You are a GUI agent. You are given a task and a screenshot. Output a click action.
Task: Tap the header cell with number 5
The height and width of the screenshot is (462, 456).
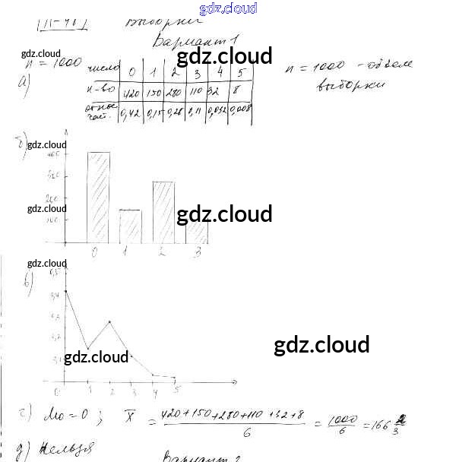pos(241,73)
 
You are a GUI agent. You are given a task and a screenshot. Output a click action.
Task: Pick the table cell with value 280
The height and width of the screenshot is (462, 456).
pos(174,94)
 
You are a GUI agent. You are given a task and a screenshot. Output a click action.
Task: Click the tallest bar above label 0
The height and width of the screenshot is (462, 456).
pos(98,198)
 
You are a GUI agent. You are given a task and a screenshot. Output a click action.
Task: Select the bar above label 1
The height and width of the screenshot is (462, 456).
pos(130,226)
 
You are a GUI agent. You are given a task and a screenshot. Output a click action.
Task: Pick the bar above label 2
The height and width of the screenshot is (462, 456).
pos(163,212)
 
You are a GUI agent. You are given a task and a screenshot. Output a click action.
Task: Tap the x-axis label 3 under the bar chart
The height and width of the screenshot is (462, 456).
pos(197,252)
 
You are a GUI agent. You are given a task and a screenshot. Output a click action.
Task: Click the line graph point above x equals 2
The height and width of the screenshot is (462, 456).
pos(111,321)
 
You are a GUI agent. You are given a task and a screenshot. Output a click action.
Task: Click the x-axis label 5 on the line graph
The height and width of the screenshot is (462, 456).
pos(178,391)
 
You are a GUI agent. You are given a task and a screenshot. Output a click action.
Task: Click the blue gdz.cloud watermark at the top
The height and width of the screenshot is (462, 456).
pos(228,8)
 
